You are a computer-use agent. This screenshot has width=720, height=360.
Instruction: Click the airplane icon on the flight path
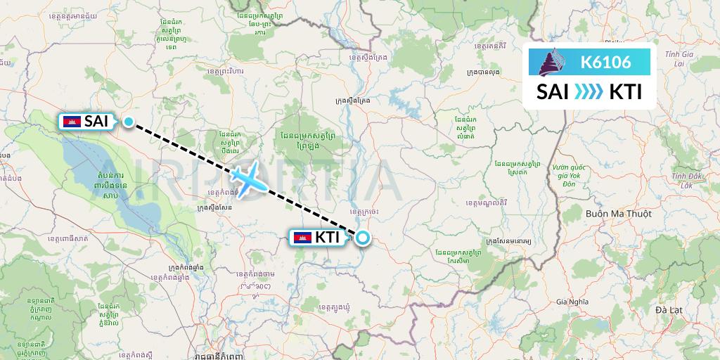pyautogui.click(x=249, y=179)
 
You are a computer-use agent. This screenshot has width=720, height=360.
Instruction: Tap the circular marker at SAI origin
pyautogui.click(x=129, y=122)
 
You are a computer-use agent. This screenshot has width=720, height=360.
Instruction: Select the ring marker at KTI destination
pyautogui.click(x=362, y=238)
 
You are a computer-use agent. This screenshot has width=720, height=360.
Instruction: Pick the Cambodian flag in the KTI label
pyautogui.click(x=302, y=238)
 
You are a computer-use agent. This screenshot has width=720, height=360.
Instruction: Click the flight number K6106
pyautogui.click(x=605, y=62)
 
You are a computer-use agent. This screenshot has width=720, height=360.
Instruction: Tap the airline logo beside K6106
pyautogui.click(x=553, y=62)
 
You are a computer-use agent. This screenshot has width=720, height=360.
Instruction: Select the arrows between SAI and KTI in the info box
pyautogui.click(x=589, y=92)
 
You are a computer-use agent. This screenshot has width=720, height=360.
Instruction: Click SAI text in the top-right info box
pyautogui.click(x=553, y=92)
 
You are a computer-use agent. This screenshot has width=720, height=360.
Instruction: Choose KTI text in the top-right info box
pyautogui.click(x=625, y=92)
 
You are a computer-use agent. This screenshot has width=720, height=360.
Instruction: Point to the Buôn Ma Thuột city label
pyautogui.click(x=618, y=213)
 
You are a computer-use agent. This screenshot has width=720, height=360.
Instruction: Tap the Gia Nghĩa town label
pyautogui.click(x=572, y=300)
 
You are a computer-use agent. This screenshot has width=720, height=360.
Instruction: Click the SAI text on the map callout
pyautogui.click(x=96, y=122)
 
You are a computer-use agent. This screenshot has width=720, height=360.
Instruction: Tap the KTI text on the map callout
pyautogui.click(x=327, y=238)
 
